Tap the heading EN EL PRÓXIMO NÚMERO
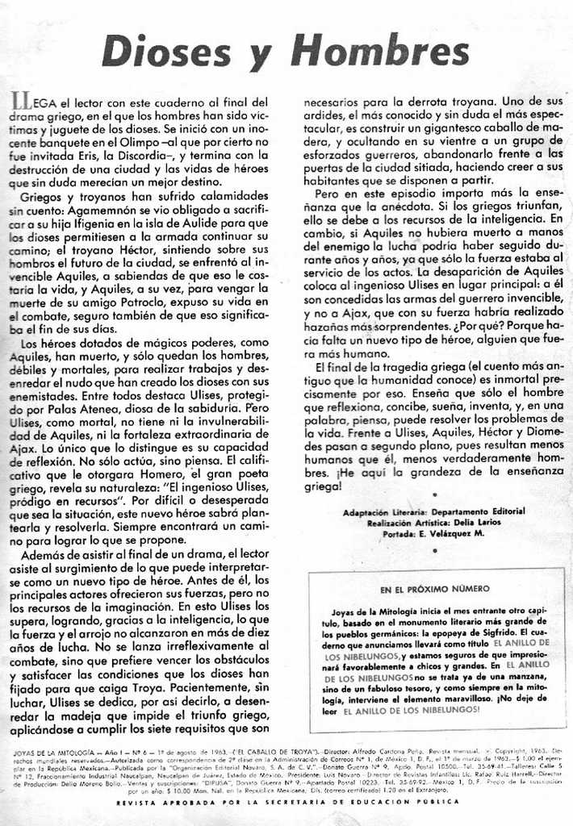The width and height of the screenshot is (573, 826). coord(435,589)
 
